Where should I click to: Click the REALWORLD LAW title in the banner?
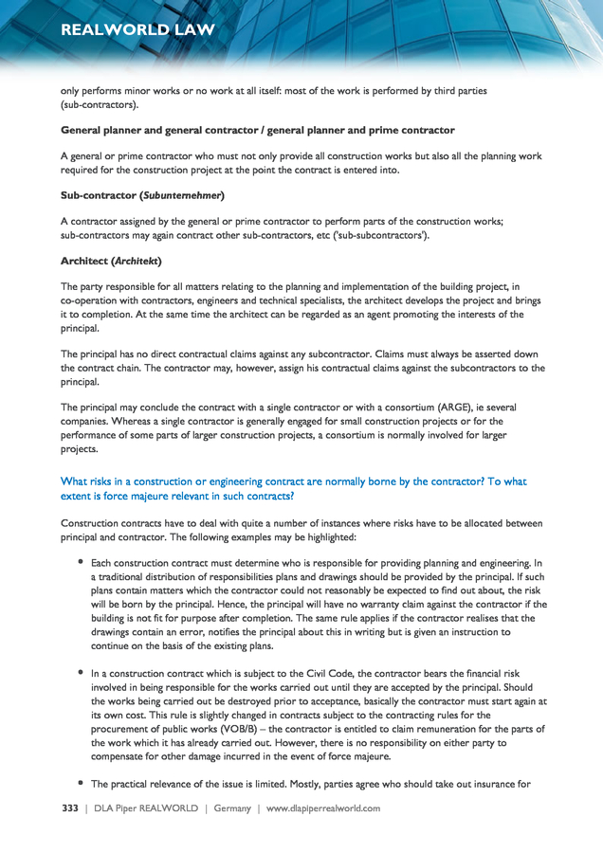coord(137,29)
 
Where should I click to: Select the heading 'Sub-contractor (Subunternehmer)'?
coord(142,195)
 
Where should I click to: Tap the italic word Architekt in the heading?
coord(136,261)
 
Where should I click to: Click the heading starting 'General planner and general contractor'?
coord(258,130)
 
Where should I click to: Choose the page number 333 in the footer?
coord(69,808)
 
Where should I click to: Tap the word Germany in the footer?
coord(232,808)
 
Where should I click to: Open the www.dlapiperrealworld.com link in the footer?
coord(322,808)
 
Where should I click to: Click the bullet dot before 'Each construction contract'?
coord(81,563)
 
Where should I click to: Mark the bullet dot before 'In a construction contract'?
coord(81,671)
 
